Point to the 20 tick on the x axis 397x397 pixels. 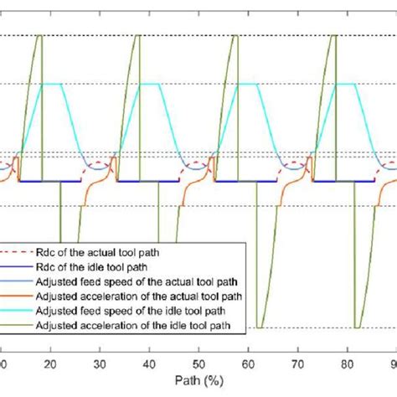point(50,364)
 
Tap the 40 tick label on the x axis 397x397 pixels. point(148,364)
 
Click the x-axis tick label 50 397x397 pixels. point(198,364)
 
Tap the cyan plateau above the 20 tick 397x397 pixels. point(53,84)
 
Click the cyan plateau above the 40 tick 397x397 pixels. point(151,84)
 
